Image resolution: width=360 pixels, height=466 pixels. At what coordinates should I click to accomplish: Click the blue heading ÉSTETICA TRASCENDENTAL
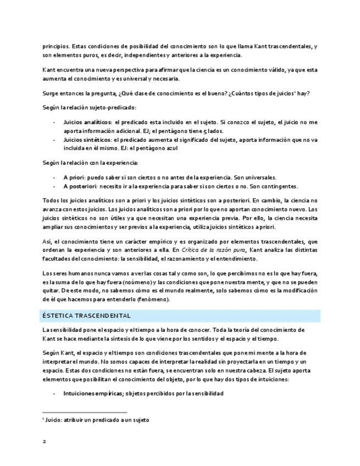point(86,316)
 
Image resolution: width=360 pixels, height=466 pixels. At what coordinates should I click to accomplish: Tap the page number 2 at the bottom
point(44,441)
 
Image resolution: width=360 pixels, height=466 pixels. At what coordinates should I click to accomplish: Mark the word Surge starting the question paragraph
point(51,93)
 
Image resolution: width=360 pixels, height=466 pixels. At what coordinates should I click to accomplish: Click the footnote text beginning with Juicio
point(97,420)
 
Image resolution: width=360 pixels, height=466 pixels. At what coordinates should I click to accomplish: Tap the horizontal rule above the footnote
point(85,412)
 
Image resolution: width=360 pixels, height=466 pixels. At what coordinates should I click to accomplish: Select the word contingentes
point(279,186)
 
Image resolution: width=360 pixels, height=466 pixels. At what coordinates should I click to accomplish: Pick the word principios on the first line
point(56,46)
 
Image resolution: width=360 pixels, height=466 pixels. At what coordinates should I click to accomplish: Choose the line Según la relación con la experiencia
point(91,163)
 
